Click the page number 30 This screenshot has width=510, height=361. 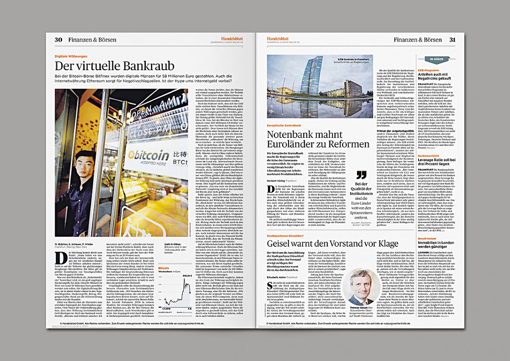(58, 40)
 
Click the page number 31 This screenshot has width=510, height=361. (453, 40)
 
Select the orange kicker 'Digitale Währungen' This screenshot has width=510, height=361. (71, 56)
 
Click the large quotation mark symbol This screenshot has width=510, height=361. (361, 175)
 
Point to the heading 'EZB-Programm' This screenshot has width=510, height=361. (428, 69)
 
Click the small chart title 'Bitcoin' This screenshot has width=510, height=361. (164, 268)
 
